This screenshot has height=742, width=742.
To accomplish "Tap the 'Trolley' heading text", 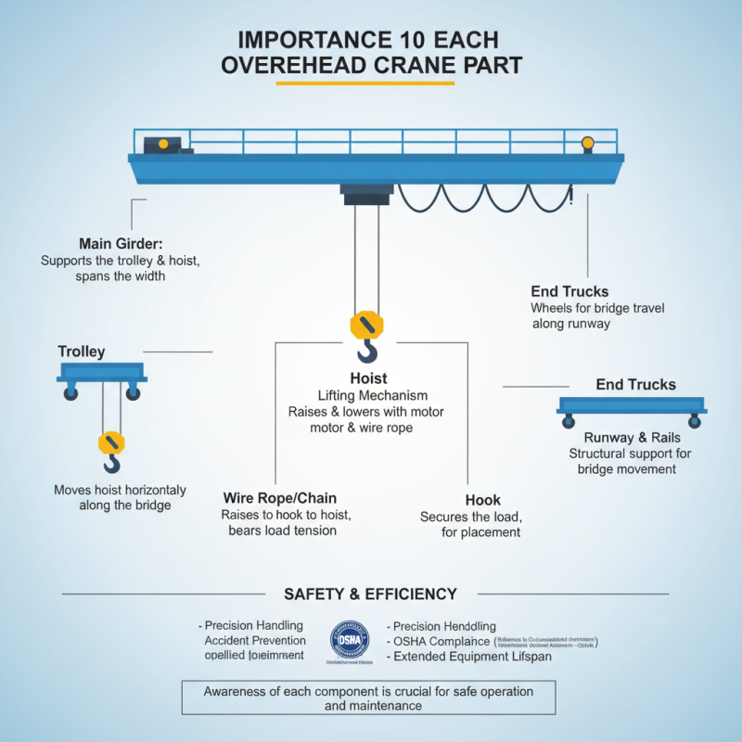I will [82, 352].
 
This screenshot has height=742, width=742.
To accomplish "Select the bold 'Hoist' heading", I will [368, 378].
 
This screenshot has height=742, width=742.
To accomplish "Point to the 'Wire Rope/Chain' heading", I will [280, 497].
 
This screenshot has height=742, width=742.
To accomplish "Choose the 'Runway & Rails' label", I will [632, 437].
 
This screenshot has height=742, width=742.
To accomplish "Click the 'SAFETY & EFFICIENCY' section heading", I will [370, 594].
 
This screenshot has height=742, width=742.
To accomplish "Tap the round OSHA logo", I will [352, 640].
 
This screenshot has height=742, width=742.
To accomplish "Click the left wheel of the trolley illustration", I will [70, 394].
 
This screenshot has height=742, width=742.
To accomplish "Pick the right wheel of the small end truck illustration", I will [694, 422].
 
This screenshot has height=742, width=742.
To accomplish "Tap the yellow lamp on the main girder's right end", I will [587, 143].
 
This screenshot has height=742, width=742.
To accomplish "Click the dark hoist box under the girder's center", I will [367, 193].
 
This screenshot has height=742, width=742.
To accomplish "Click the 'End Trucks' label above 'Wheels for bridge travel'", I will [569, 291].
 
